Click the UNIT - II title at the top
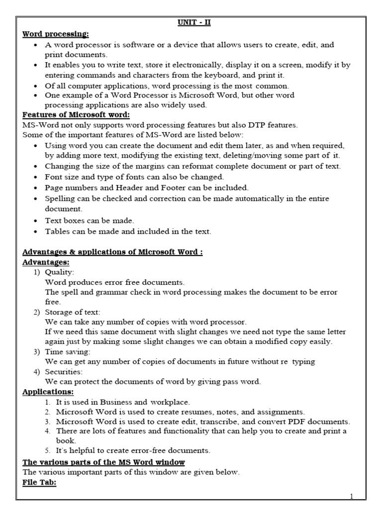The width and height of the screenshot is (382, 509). (x=191, y=23)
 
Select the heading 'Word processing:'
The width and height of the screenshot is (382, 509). (x=55, y=34)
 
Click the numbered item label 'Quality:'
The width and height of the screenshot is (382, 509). (x=59, y=272)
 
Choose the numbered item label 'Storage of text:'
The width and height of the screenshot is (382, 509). (x=72, y=312)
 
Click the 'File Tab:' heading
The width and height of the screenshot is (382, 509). (x=39, y=483)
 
